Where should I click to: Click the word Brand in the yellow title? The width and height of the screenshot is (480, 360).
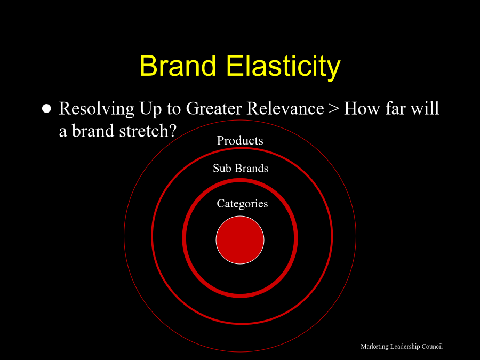(x=178, y=66)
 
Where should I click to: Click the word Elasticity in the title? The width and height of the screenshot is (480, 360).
(x=284, y=68)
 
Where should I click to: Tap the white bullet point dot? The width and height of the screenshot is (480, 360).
(x=46, y=109)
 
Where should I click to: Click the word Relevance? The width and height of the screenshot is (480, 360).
(x=285, y=109)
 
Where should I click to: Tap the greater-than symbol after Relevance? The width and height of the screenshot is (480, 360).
(x=334, y=109)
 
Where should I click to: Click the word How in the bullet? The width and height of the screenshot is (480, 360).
(x=362, y=109)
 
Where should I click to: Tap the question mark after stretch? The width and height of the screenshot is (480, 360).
(x=172, y=131)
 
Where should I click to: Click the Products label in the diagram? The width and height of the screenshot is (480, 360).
(x=240, y=140)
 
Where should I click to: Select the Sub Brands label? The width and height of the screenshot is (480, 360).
(x=241, y=169)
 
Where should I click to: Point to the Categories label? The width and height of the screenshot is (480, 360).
(x=242, y=204)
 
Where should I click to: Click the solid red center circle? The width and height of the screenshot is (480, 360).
(x=240, y=240)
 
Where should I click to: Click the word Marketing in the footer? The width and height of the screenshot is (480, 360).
(x=375, y=347)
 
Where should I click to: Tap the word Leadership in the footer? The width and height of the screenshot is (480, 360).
(x=405, y=347)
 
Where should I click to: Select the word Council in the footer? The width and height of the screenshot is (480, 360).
(x=432, y=346)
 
